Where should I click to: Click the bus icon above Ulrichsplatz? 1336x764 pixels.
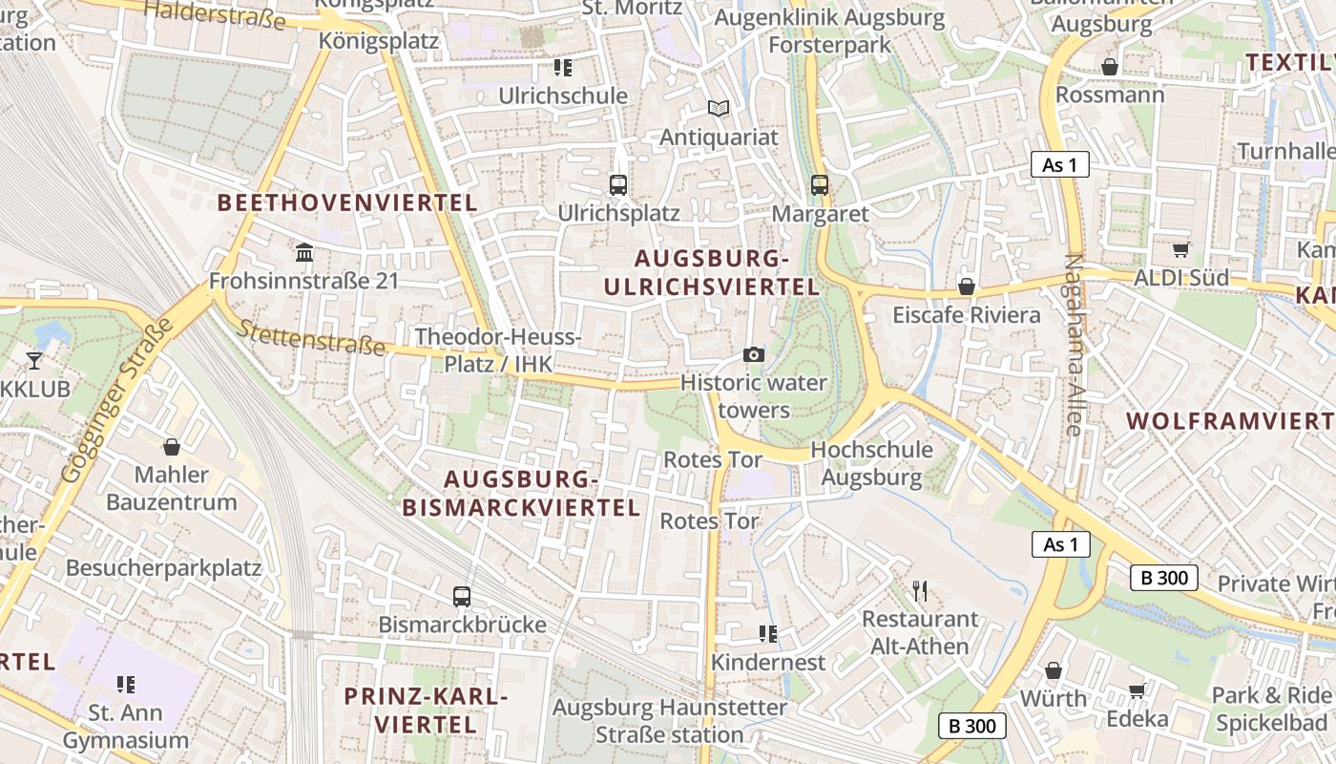pyautogui.click(x=618, y=184)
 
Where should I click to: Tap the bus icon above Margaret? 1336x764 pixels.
pyautogui.click(x=820, y=184)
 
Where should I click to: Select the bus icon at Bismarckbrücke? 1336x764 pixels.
pyautogui.click(x=462, y=597)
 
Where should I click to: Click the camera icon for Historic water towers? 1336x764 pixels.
pyautogui.click(x=754, y=355)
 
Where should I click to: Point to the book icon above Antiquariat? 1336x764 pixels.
pyautogui.click(x=719, y=110)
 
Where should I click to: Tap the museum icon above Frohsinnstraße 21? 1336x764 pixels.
pyautogui.click(x=304, y=253)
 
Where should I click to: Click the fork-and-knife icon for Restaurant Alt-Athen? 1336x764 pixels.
pyautogui.click(x=920, y=591)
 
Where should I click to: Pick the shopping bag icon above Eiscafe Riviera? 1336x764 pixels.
pyautogui.click(x=966, y=286)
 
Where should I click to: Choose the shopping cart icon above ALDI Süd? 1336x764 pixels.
pyautogui.click(x=1181, y=250)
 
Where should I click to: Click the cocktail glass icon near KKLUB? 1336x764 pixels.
pyautogui.click(x=34, y=360)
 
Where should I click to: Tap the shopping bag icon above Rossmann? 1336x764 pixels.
pyautogui.click(x=1110, y=67)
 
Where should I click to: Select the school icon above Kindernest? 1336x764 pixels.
pyautogui.click(x=767, y=634)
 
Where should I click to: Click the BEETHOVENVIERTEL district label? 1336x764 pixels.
pyautogui.click(x=347, y=202)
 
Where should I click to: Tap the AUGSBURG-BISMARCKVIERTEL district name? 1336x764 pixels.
pyautogui.click(x=521, y=493)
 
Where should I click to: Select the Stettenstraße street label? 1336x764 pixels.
pyautogui.click(x=311, y=336)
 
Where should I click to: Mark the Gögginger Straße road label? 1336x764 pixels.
pyautogui.click(x=116, y=399)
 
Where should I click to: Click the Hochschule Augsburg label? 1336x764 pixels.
pyautogui.click(x=871, y=463)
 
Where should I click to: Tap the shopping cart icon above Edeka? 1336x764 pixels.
pyautogui.click(x=1137, y=690)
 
